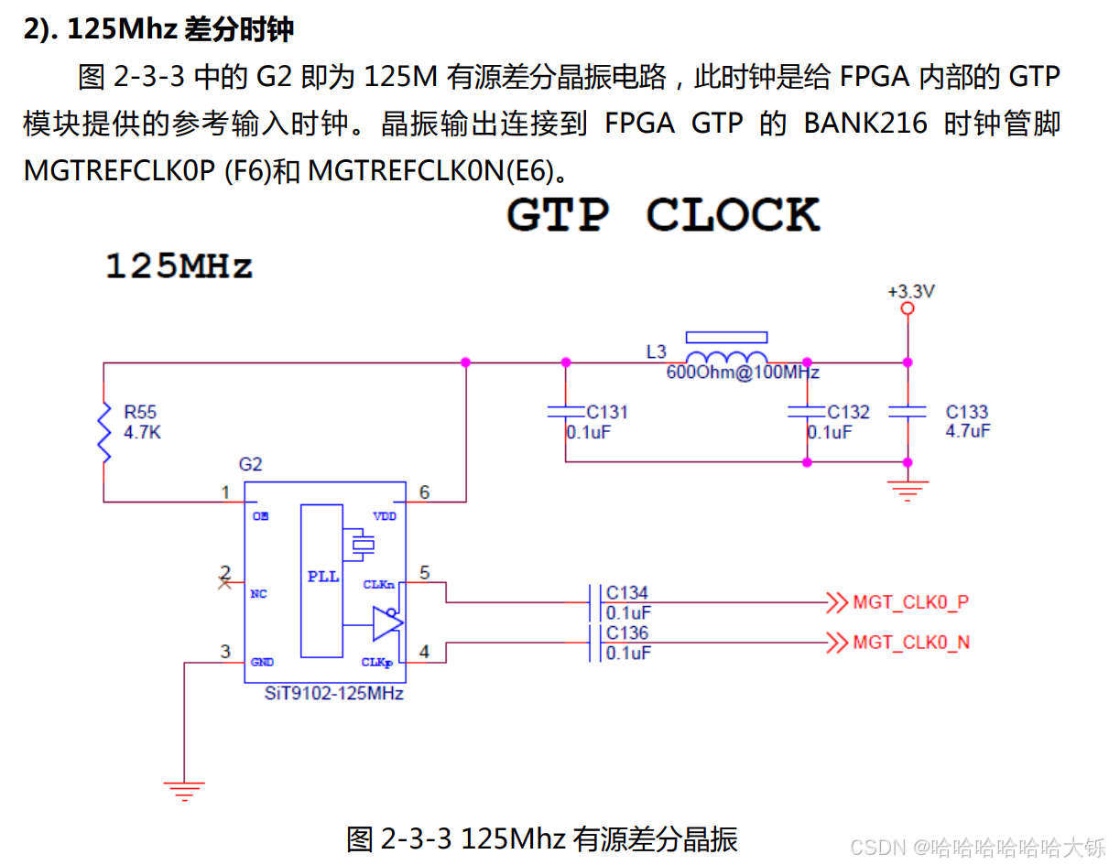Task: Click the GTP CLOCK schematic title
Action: (662, 215)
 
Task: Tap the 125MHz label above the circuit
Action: (179, 266)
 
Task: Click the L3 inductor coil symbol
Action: (727, 358)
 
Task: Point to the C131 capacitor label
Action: (607, 412)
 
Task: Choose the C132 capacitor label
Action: (848, 412)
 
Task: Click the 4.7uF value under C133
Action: (967, 431)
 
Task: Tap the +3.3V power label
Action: (911, 292)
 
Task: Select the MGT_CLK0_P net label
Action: (910, 602)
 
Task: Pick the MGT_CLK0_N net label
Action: (910, 643)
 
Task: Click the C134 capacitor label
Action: (627, 593)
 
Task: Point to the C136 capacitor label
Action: (627, 633)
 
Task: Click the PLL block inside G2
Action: (322, 578)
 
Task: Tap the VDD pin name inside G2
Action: (385, 516)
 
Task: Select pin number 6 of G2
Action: (424, 492)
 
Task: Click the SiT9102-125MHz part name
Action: (333, 693)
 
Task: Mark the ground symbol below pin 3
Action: (184, 790)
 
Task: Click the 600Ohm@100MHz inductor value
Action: (743, 373)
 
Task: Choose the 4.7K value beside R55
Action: (142, 432)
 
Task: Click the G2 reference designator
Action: (250, 464)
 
